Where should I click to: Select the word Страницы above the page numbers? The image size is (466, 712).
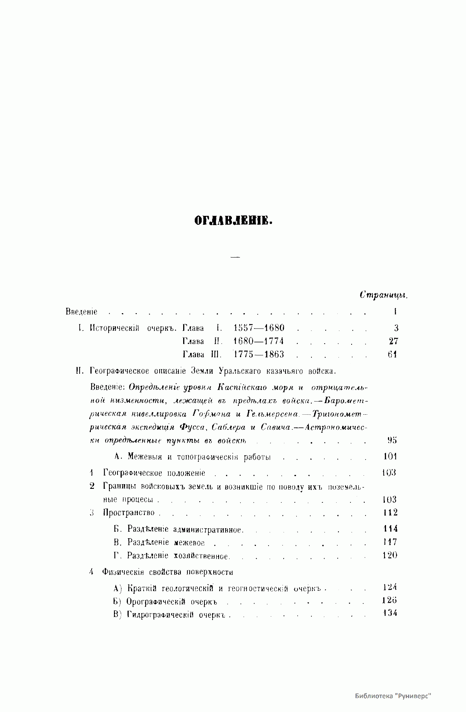click(x=384, y=295)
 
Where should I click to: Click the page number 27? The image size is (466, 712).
click(x=393, y=341)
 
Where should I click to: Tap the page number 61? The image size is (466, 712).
click(x=393, y=354)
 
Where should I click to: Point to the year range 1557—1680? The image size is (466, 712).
click(x=259, y=328)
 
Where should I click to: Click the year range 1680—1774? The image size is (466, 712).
click(x=259, y=341)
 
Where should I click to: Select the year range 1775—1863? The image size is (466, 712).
click(x=259, y=354)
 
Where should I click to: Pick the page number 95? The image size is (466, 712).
click(x=392, y=440)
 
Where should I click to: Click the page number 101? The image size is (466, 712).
click(x=390, y=456)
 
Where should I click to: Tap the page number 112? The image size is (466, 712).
click(x=390, y=512)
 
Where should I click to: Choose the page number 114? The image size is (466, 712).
click(x=390, y=529)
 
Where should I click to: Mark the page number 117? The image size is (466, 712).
click(x=390, y=542)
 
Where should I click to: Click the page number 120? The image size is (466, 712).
click(x=390, y=555)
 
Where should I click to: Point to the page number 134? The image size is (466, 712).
click(x=390, y=613)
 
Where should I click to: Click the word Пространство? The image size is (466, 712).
click(x=129, y=513)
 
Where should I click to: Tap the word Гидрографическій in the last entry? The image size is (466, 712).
click(x=160, y=614)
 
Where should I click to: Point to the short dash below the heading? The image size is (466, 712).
click(x=235, y=257)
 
